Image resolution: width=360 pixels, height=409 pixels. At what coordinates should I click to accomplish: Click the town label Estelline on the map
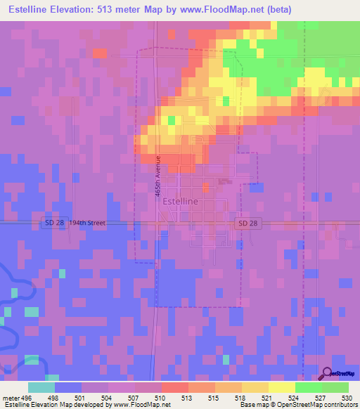[x=180, y=201]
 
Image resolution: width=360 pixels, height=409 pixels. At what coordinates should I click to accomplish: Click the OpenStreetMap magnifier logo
[x=328, y=374]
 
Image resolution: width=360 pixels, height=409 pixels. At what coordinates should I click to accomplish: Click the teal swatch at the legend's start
[x=41, y=387]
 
